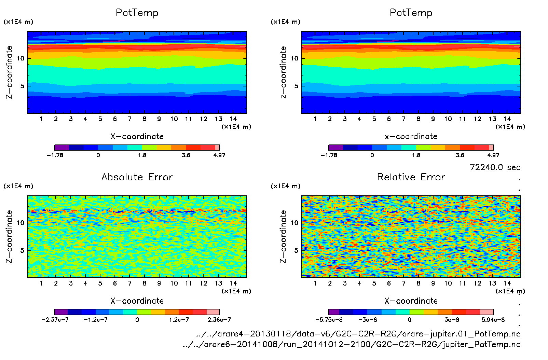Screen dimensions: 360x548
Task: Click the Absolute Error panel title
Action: pos(137,177)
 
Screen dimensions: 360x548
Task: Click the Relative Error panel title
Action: pos(411,177)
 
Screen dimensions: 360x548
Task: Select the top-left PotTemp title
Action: pos(137,13)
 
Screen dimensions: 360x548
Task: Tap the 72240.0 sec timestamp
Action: pos(495,167)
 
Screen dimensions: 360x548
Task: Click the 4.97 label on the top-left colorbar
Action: pos(219,155)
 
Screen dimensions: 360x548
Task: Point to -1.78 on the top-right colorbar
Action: pos(329,155)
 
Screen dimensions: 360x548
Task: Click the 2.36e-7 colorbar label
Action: pos(219,320)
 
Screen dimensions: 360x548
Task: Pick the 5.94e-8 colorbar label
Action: pos(493,320)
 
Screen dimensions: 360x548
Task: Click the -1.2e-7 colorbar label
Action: pos(96,320)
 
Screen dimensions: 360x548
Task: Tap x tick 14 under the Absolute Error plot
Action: pos(233,283)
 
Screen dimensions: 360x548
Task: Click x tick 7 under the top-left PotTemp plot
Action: pos(129,119)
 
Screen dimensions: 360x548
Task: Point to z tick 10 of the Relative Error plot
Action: pos(294,223)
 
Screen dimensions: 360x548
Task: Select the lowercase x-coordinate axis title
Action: pos(411,137)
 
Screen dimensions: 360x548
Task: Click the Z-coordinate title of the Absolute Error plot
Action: pos(9,237)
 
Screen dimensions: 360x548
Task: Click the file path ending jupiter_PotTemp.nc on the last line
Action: pos(352,344)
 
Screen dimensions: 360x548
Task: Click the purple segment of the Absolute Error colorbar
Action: pos(61,312)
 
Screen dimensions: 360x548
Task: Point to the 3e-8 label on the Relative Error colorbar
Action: pos(452,320)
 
